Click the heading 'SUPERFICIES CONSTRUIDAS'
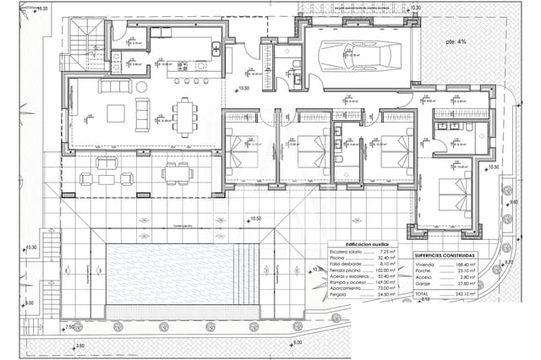click(x=445, y=254)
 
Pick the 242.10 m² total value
click(x=463, y=294)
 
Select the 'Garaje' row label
click(x=423, y=285)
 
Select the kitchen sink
click(x=216, y=47)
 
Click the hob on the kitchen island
click(x=201, y=66)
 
